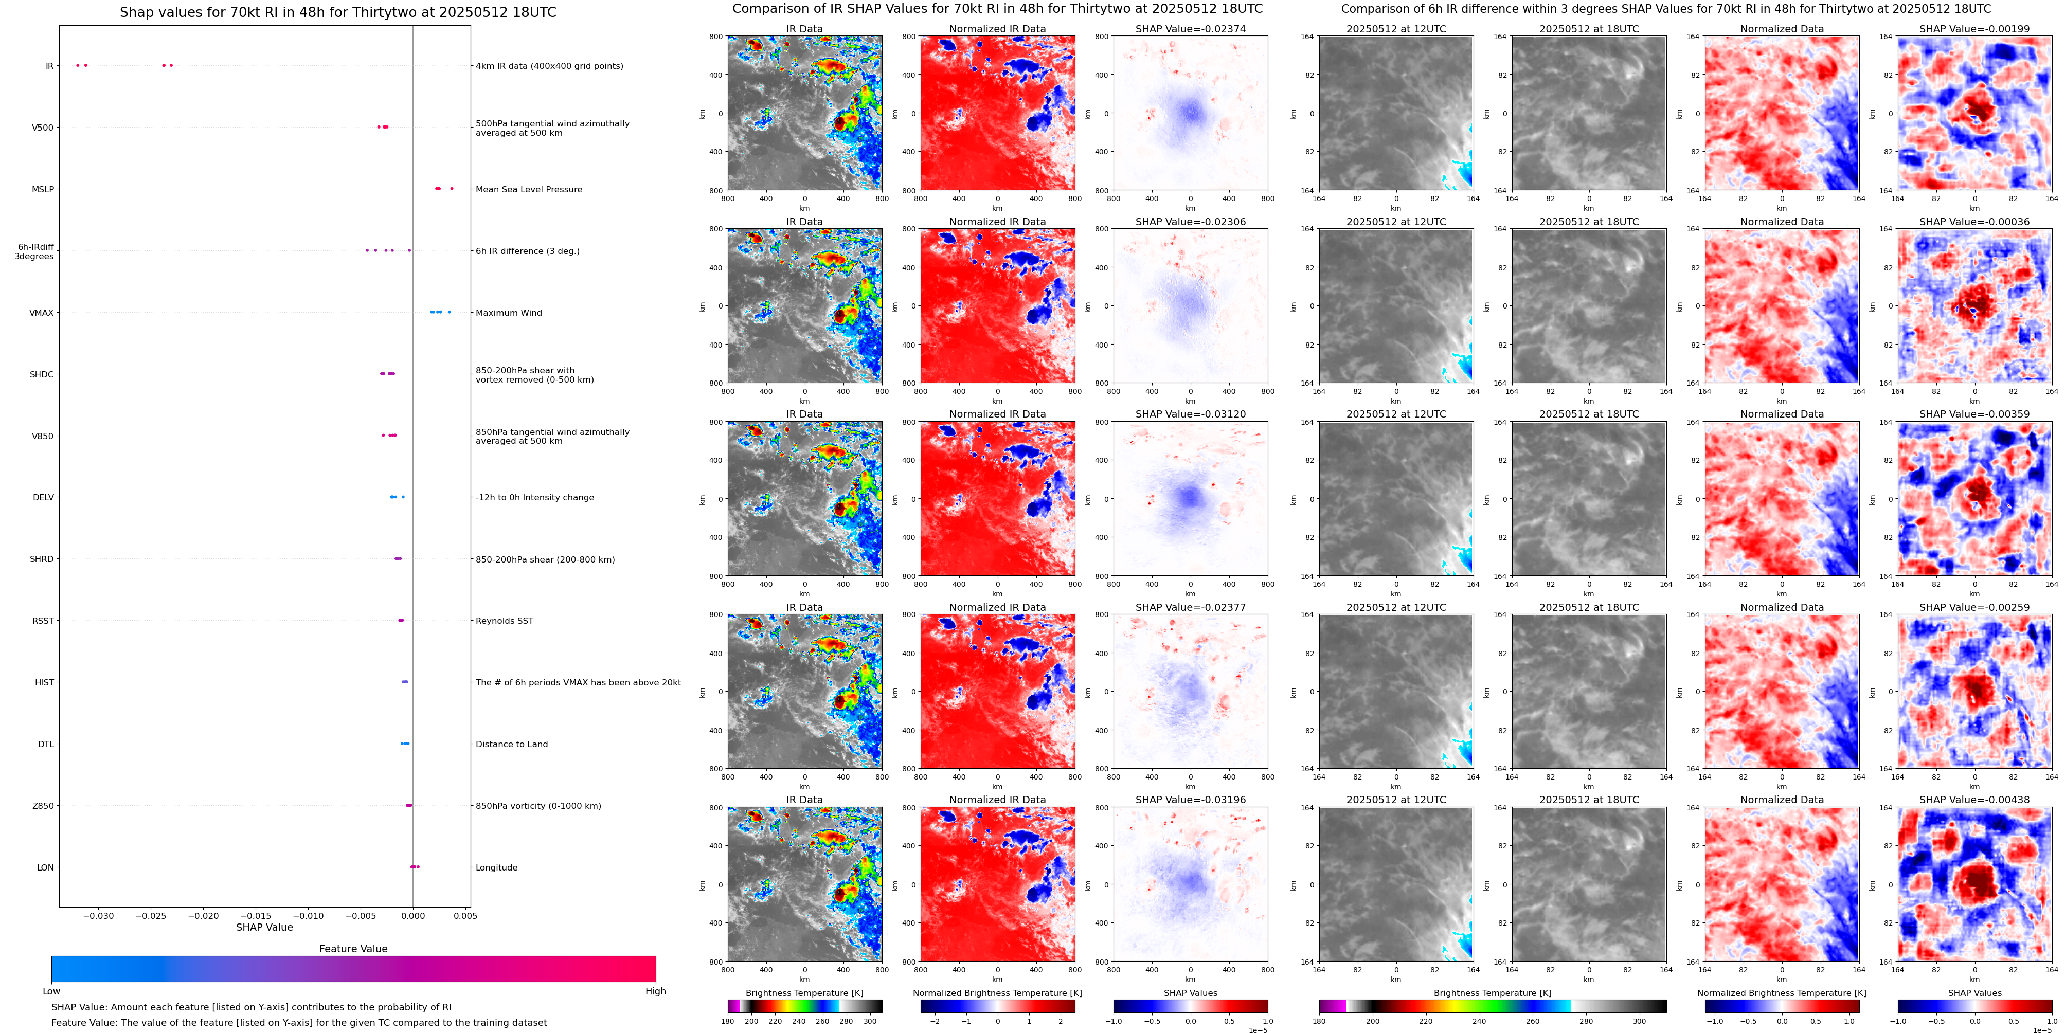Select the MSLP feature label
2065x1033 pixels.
(x=43, y=189)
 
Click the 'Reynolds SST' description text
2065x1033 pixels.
(x=504, y=621)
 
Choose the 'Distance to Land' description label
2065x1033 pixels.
(x=511, y=745)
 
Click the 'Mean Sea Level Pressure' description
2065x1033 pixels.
(x=528, y=189)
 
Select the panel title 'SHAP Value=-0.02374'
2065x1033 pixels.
(x=1191, y=29)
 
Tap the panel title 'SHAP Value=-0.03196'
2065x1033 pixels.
(x=1191, y=800)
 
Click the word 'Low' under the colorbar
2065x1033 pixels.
(x=51, y=991)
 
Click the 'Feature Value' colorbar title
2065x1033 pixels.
(x=353, y=949)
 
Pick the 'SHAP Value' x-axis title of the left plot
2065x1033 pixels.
(x=264, y=927)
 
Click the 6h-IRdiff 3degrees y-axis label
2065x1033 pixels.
(x=34, y=251)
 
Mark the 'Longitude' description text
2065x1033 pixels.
(x=496, y=868)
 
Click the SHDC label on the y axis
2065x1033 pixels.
(x=42, y=374)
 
